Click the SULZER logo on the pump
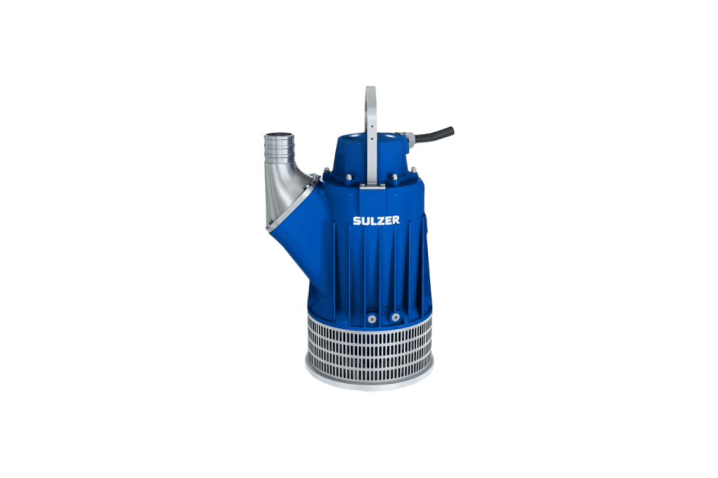pyautogui.click(x=376, y=220)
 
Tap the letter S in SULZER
pyautogui.click(x=356, y=221)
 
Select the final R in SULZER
pyautogui.click(x=395, y=220)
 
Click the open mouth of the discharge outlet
pyautogui.click(x=278, y=135)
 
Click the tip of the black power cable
pyautogui.click(x=452, y=130)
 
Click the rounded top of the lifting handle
pyautogui.click(x=371, y=89)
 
